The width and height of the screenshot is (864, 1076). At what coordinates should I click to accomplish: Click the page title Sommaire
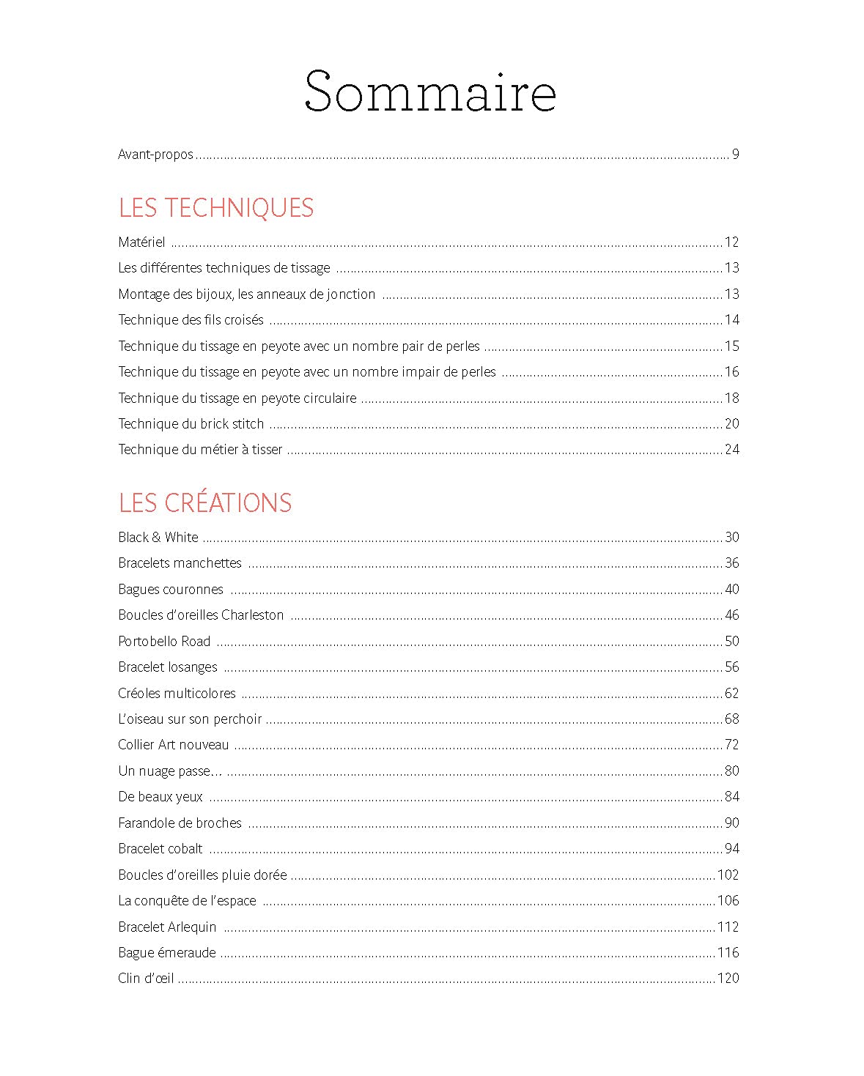click(430, 92)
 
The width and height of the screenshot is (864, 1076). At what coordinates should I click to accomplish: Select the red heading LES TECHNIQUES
click(216, 208)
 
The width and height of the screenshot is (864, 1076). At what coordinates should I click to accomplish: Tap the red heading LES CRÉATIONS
click(205, 503)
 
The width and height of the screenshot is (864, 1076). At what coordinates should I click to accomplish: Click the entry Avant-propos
click(155, 155)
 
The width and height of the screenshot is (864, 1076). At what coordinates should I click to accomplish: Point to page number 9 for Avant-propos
click(735, 155)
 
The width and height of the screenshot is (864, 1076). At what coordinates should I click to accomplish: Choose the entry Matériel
click(141, 242)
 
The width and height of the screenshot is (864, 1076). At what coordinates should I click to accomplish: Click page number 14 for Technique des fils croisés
click(731, 320)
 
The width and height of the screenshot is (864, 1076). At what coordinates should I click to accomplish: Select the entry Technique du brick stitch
click(191, 424)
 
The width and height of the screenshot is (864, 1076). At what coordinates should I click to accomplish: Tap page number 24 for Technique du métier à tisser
click(731, 450)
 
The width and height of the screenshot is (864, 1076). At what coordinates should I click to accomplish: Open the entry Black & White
click(158, 538)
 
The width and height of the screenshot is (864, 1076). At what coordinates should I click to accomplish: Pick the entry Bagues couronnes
click(171, 590)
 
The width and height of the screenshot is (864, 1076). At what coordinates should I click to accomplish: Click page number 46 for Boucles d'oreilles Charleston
click(731, 615)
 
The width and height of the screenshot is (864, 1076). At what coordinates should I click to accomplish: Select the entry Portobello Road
click(164, 642)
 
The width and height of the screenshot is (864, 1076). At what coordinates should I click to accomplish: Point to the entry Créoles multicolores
click(177, 694)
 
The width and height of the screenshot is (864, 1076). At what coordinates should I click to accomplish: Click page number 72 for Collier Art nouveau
click(731, 745)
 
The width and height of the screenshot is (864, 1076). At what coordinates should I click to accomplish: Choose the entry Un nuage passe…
click(170, 771)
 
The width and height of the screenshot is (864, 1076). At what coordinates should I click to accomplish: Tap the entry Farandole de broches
click(180, 823)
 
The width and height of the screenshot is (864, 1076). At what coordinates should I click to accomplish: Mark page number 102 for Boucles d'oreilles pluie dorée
click(728, 875)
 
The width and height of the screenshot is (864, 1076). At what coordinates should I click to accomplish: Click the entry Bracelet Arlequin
click(167, 927)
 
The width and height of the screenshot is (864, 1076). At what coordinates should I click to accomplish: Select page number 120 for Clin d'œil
click(728, 979)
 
